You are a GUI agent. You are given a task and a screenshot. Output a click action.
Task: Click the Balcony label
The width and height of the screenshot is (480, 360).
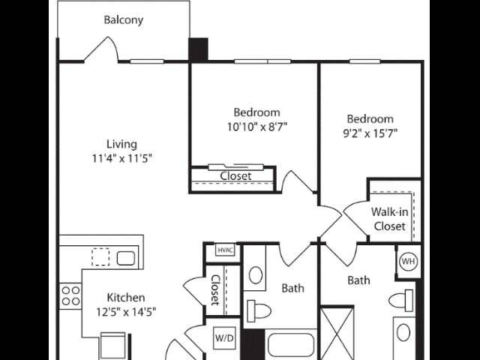coord(123,20)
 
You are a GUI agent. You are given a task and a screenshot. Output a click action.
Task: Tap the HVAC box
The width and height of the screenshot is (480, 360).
coord(225,250)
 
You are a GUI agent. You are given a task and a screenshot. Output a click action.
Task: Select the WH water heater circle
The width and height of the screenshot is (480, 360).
coord(409,262)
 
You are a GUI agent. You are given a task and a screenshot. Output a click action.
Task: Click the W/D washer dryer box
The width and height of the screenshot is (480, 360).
coord(224,338)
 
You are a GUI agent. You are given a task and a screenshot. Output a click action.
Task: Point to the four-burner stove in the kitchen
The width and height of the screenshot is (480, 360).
coord(70,296)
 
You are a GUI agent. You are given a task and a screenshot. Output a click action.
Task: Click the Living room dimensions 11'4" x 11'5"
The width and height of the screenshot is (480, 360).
coord(122,158)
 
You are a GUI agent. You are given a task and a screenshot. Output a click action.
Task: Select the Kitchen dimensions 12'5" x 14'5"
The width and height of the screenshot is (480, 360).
coord(126,312)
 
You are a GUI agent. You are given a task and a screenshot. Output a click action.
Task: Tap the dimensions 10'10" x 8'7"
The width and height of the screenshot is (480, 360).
coord(256,127)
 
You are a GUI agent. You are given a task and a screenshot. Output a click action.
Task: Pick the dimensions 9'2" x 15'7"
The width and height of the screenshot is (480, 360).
coord(370,133)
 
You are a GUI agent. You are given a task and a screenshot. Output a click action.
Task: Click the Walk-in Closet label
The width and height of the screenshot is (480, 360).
coord(390,219)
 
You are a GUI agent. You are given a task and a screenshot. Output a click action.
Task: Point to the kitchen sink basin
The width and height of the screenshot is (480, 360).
coord(126,258)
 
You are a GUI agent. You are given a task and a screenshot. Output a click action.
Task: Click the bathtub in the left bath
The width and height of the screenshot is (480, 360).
coord(291,346)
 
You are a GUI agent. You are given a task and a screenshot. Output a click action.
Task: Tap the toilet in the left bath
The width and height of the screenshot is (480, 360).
coord(259,311)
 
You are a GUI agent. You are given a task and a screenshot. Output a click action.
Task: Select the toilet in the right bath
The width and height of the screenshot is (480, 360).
coord(400,300)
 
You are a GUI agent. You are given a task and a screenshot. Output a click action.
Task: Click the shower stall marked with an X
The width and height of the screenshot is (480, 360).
coord(337,333)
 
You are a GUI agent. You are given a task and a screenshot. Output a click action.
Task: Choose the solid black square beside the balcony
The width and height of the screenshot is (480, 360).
coord(198,49)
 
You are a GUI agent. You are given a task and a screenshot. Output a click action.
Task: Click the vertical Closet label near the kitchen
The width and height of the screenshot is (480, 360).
coord(216,290)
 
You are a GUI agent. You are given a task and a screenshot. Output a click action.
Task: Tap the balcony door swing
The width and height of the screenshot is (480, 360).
coord(101,49)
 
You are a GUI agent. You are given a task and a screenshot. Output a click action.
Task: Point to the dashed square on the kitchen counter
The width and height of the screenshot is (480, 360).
coord(100,256)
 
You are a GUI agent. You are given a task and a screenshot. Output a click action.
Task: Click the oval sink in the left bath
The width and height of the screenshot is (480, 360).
coord(256,275)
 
